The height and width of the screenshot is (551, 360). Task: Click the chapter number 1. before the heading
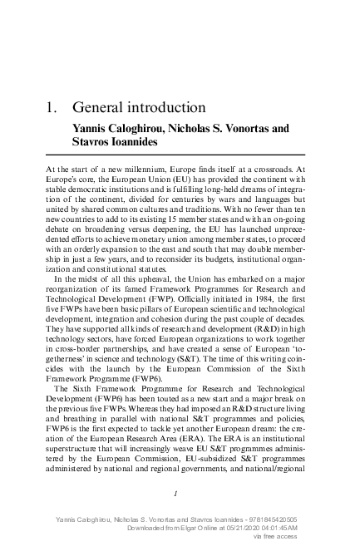pos(51,108)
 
